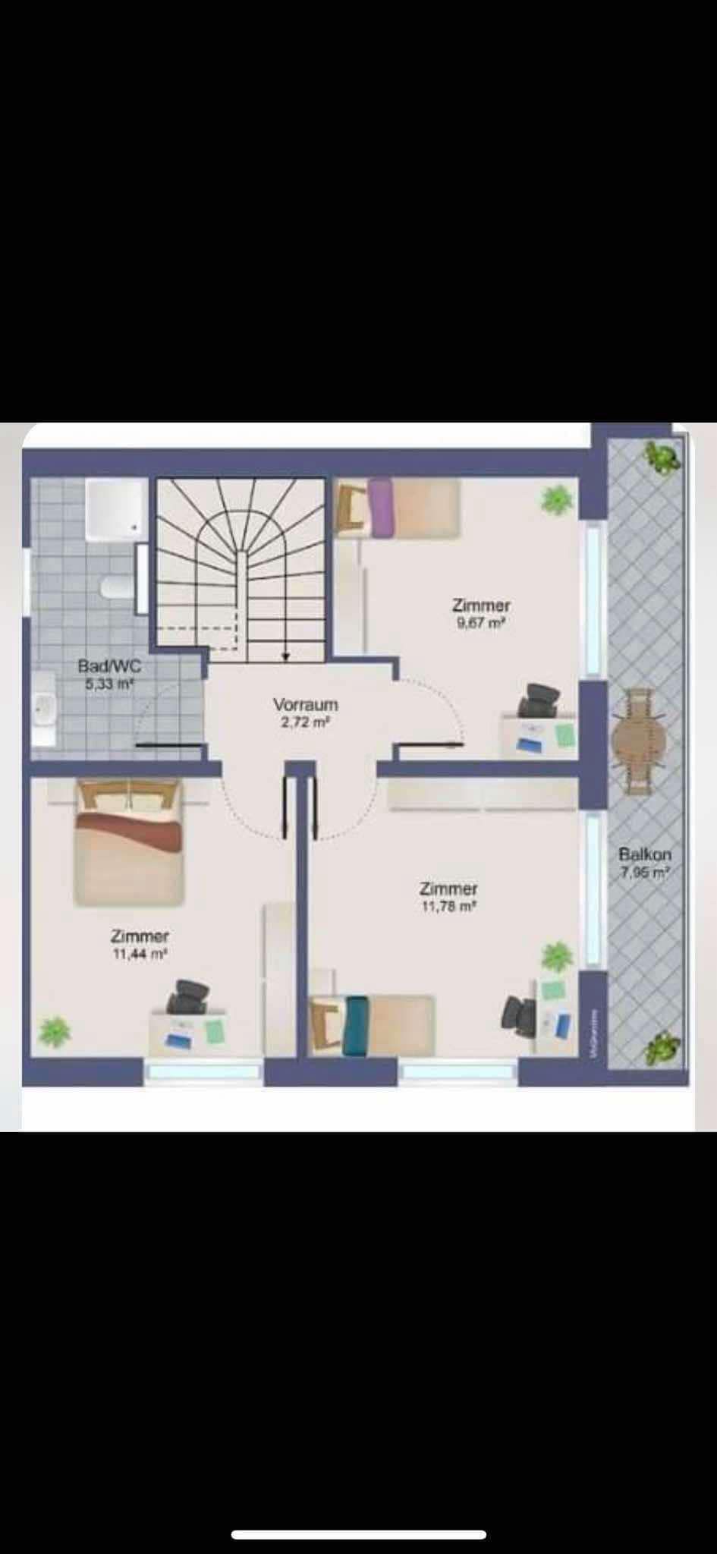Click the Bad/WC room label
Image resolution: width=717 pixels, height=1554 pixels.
109,666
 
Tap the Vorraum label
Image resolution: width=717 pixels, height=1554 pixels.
305,705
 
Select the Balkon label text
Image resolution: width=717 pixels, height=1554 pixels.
645,854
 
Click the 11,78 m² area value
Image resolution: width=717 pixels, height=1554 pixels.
449,905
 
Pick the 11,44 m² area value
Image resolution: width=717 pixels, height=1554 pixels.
140,954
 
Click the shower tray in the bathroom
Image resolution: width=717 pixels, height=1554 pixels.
115,508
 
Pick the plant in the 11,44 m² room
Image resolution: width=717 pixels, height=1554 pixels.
54,1030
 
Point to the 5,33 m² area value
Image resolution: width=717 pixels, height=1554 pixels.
109,683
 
